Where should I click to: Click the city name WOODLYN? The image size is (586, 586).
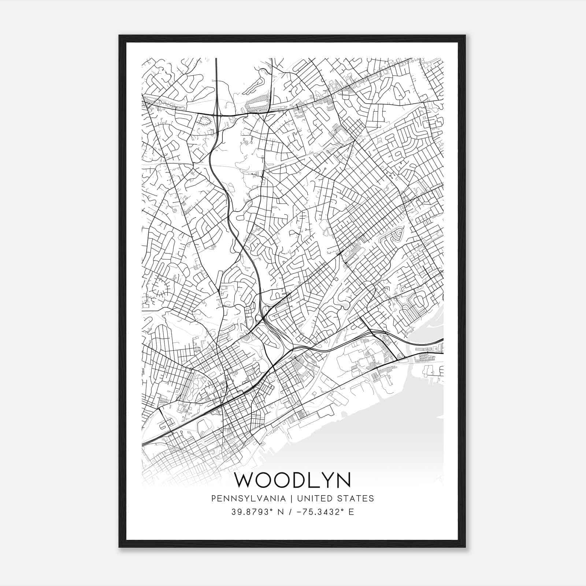[292, 480]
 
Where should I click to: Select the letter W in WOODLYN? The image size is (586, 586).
[245, 480]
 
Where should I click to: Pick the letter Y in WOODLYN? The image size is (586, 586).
[322, 480]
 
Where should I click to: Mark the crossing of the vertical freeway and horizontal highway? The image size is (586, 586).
[217, 115]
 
